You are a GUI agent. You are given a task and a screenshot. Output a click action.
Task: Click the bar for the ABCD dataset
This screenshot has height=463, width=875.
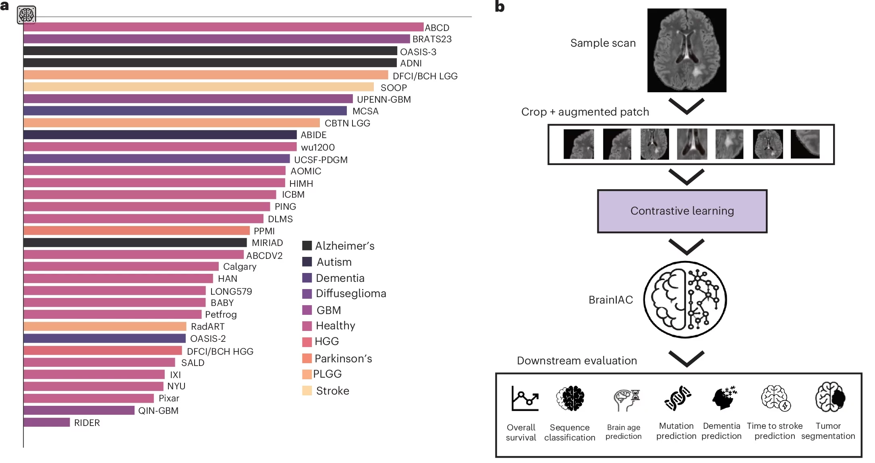224,27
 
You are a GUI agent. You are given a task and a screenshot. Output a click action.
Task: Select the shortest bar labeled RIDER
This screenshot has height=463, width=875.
46,422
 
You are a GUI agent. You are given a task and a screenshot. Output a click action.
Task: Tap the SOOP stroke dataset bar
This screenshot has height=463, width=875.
199,87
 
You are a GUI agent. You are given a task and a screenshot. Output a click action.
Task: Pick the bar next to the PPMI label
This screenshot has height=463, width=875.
137,231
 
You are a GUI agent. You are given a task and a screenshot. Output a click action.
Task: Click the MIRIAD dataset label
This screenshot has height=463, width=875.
267,243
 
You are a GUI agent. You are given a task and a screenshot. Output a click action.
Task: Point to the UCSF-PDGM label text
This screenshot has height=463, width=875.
321,160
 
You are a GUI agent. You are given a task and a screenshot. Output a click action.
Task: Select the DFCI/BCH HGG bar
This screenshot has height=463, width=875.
103,351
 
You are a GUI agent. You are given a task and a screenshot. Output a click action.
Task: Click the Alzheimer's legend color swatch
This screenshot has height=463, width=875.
307,246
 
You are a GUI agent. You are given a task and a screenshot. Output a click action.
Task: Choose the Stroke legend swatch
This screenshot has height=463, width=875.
307,391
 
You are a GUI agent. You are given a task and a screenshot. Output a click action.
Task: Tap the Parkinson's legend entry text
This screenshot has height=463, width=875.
343,358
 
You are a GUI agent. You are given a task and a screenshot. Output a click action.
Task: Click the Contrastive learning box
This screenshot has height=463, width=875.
682,211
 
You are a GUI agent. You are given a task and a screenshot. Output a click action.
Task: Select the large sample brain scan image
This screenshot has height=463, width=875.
686,50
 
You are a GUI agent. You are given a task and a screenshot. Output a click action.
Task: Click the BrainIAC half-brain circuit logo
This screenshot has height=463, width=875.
685,300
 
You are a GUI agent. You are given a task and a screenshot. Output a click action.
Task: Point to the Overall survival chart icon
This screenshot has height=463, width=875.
525,399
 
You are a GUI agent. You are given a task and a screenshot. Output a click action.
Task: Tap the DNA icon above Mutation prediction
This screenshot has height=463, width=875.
678,398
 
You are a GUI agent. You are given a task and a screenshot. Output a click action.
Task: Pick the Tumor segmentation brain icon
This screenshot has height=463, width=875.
830,397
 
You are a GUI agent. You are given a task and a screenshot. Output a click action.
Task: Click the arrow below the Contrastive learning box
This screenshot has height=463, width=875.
686,247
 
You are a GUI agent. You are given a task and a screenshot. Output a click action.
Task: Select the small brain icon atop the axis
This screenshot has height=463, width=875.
27,15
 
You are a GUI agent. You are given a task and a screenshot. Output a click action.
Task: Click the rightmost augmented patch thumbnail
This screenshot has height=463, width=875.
805,144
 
